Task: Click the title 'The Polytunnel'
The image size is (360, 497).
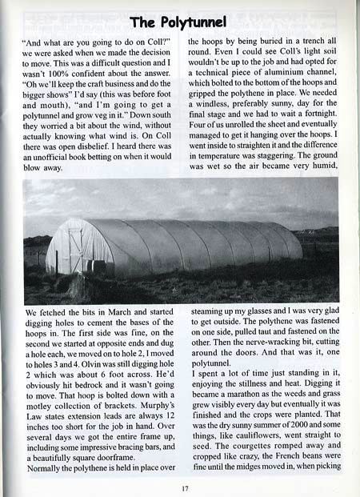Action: pyautogui.click(x=180, y=21)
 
